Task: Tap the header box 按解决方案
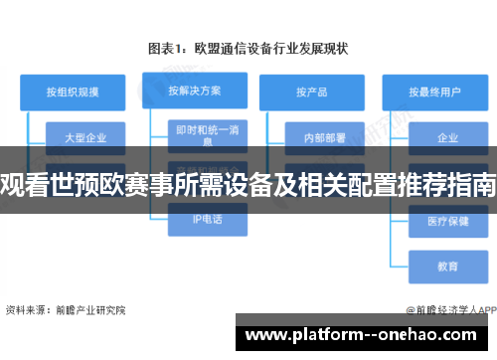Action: point(192,90)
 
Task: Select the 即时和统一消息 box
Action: point(207,135)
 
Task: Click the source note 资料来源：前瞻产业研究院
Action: point(67,310)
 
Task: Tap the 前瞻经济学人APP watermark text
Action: point(447,310)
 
